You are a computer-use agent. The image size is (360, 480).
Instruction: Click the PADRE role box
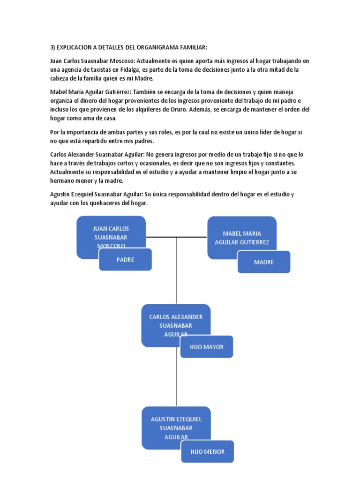pos(125,260)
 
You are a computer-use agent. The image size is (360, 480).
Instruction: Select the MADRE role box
pos(263,262)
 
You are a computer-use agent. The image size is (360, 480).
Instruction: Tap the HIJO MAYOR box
pos(206,347)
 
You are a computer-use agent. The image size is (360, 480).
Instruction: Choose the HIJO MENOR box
pos(207,452)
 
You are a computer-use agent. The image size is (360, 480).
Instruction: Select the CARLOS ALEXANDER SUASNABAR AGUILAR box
pos(175,321)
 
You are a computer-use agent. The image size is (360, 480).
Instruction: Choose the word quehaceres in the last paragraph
pos(103,203)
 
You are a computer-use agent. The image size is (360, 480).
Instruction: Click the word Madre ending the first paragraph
pos(145,79)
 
